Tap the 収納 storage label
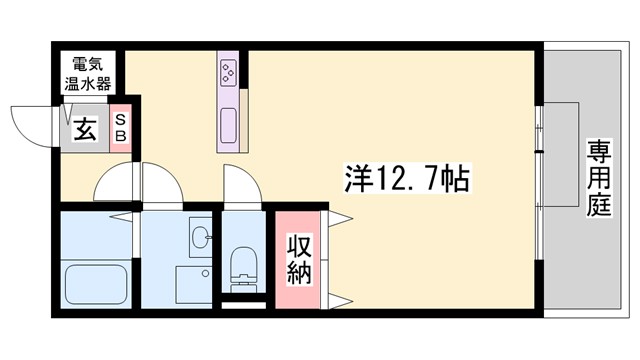(x=300, y=258)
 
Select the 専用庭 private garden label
(x=599, y=181)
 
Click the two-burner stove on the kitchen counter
(x=229, y=73)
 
